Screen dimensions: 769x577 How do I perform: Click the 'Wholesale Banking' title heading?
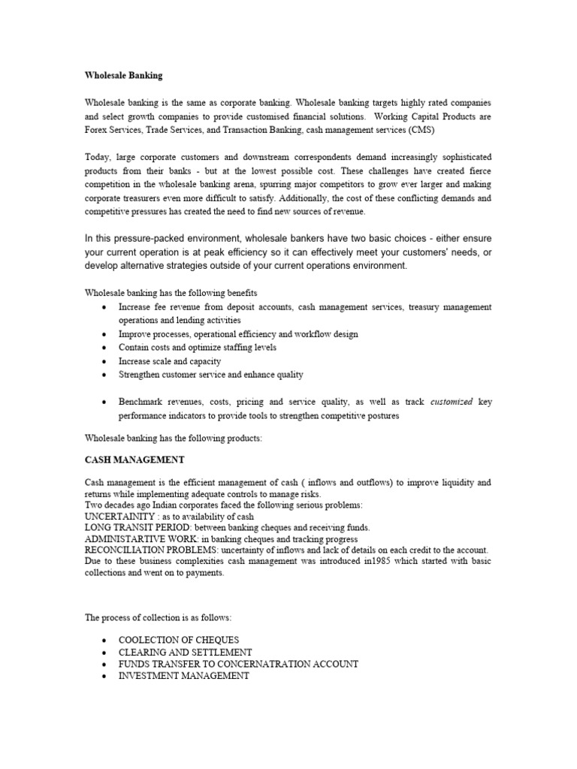122,76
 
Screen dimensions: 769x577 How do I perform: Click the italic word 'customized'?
452,402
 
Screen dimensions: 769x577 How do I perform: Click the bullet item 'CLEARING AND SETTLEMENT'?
185,652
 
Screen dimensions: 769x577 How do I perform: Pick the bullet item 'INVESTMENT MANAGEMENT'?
183,676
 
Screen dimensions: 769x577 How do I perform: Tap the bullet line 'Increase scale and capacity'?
170,361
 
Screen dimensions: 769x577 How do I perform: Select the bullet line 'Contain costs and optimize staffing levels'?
198,348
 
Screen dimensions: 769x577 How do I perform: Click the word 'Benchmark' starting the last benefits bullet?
143,402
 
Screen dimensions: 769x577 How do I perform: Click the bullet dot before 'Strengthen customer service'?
103,375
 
